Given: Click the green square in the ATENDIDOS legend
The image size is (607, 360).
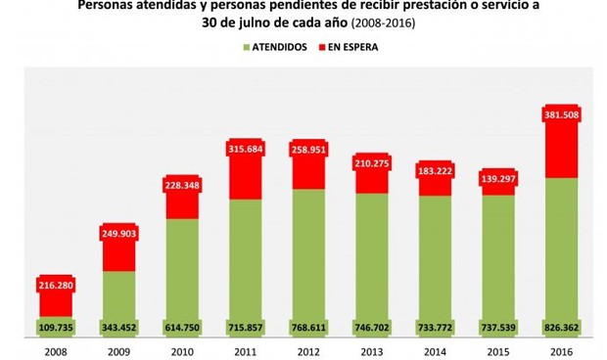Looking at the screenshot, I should (245, 46).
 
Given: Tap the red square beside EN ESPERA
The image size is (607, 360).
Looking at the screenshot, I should (323, 46).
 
